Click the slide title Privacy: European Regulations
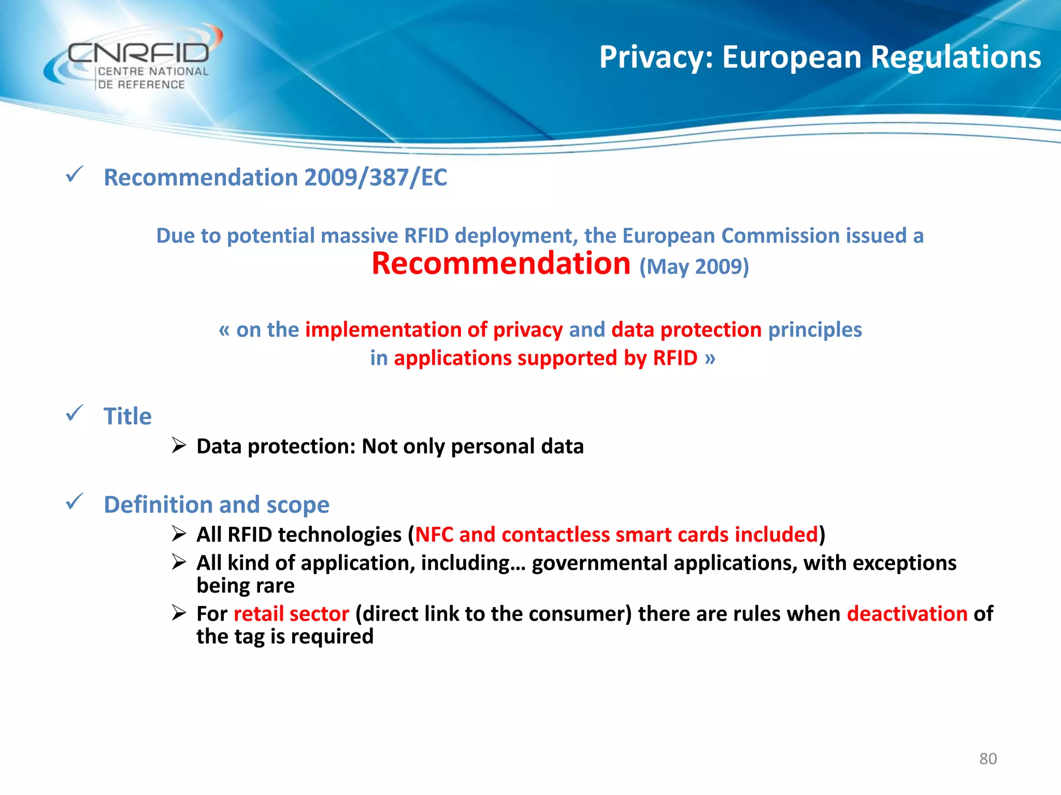[x=820, y=57]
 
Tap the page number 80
[x=987, y=759]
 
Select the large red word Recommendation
[x=501, y=263]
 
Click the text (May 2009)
[x=694, y=267]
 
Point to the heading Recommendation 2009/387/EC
[x=275, y=178]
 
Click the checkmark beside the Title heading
[x=75, y=414]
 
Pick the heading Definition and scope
[x=217, y=505]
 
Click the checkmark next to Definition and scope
[x=75, y=502]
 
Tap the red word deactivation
[x=907, y=614]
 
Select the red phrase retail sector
[x=291, y=614]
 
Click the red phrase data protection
[x=686, y=330]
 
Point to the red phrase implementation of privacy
[x=434, y=330]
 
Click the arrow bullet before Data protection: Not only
[x=179, y=445]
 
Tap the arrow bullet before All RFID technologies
[x=179, y=534]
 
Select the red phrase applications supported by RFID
[x=546, y=358]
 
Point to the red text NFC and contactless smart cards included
[x=616, y=535]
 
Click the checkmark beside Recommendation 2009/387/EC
[x=75, y=174]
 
